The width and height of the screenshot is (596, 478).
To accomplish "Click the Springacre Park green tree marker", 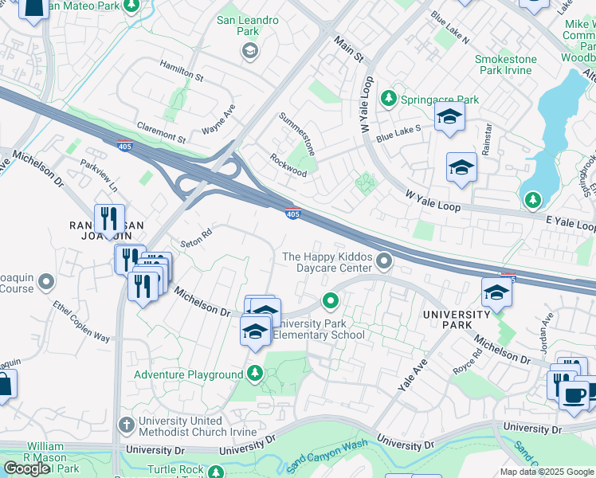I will click(x=388, y=99).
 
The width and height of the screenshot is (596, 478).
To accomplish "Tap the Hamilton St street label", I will click(x=181, y=70).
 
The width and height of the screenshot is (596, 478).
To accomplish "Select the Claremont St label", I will click(x=160, y=132).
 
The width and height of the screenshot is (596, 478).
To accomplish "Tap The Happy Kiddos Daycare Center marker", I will click(x=385, y=261).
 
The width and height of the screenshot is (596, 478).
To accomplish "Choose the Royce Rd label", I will click(x=465, y=359).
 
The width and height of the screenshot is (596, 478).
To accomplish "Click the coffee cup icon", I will click(x=574, y=394).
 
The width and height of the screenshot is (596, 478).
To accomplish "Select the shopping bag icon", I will click(x=4, y=386).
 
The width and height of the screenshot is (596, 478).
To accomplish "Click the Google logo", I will click(x=26, y=468).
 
